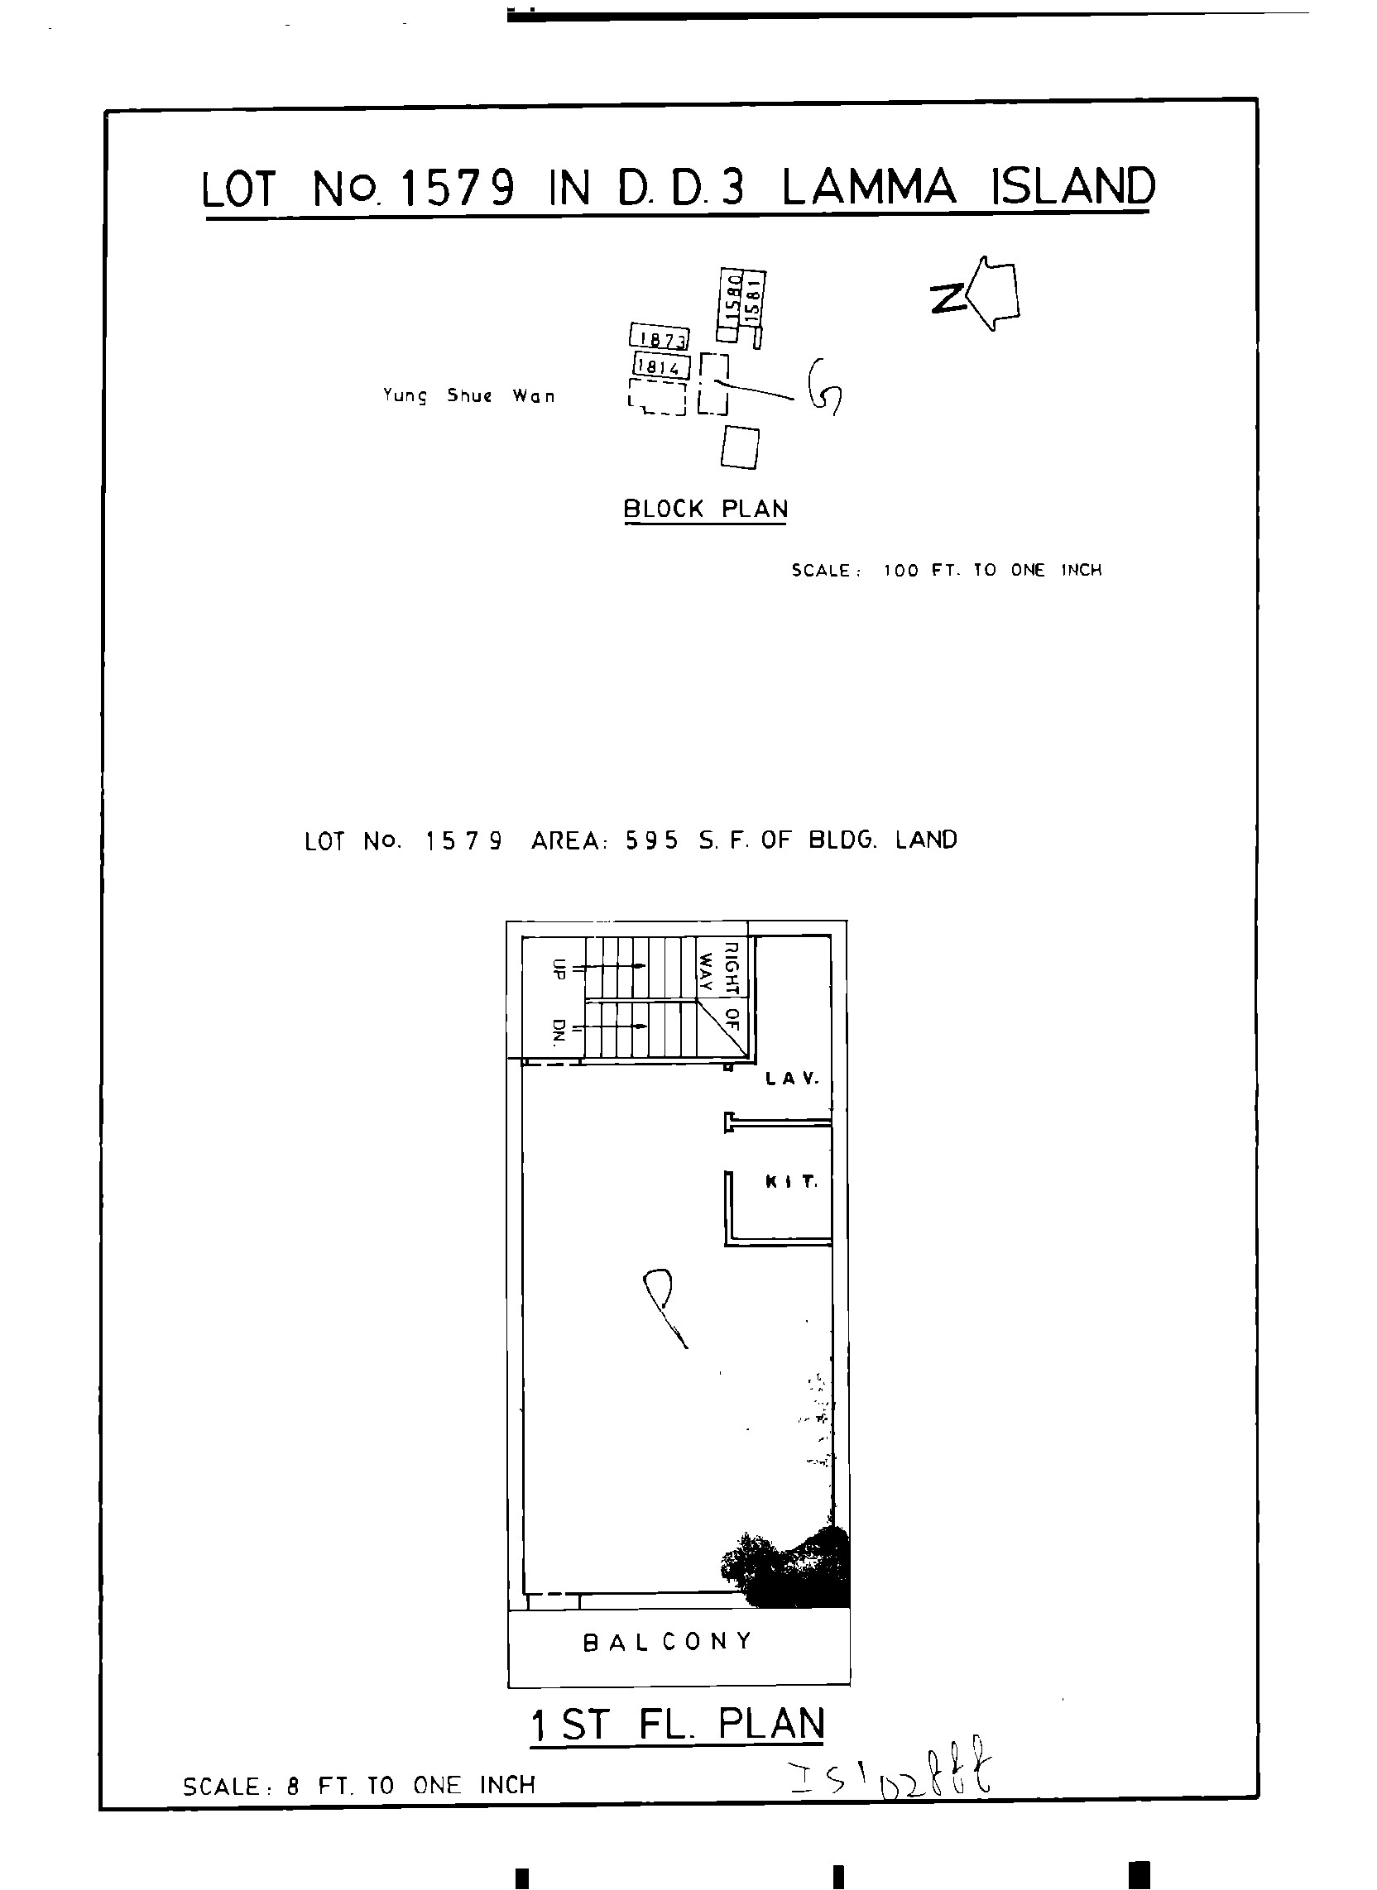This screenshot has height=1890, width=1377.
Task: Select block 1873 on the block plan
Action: (660, 337)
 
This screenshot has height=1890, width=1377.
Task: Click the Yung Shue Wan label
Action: (468, 395)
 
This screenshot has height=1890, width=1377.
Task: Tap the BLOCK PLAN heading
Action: (705, 509)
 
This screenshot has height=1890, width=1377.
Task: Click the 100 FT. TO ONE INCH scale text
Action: (991, 571)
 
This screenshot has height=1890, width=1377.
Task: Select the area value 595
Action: (652, 840)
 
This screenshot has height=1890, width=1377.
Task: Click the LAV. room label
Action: (792, 1079)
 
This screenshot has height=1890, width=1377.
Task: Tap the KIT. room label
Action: (791, 1182)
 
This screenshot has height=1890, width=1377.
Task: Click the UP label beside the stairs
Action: (559, 969)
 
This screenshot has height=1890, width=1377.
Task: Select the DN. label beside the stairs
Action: (559, 1031)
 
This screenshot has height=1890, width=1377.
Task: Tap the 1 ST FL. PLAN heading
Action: (678, 1725)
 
